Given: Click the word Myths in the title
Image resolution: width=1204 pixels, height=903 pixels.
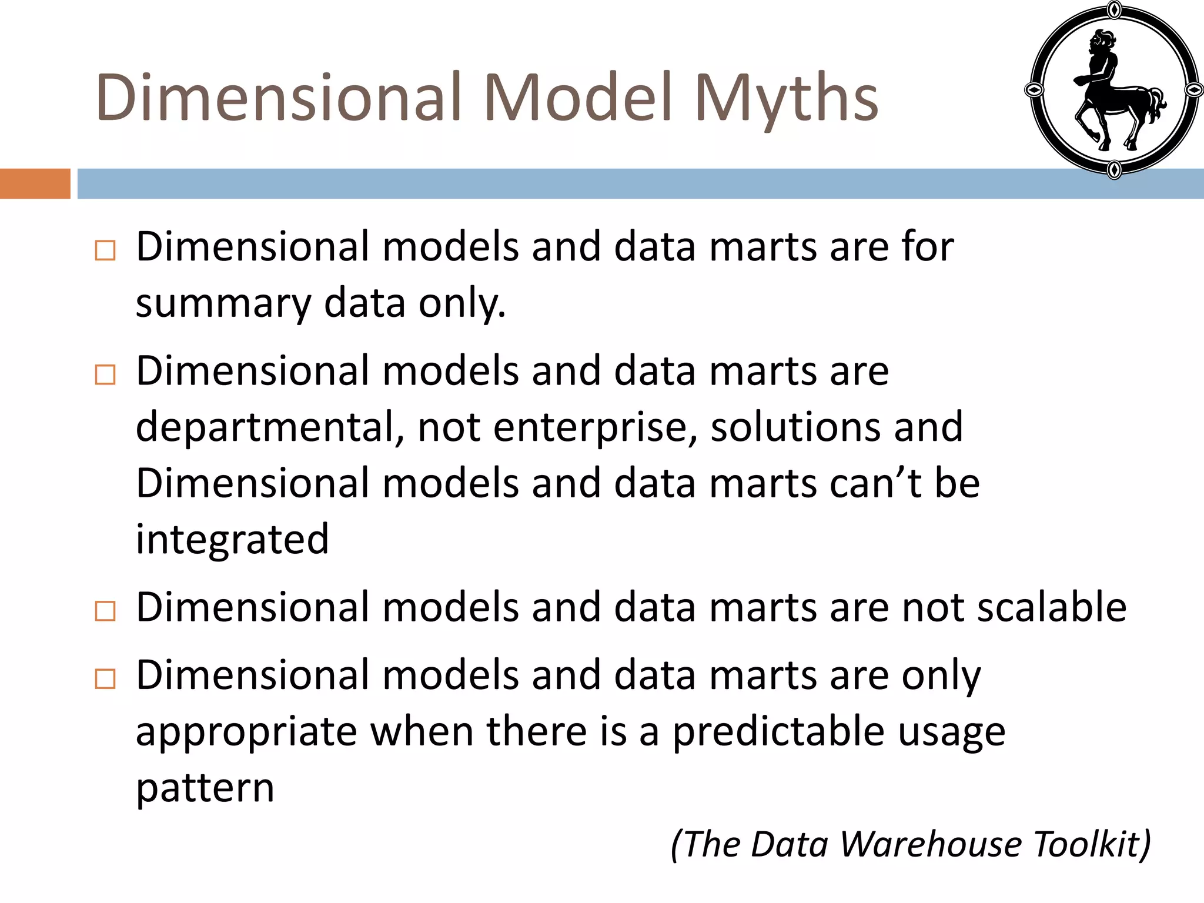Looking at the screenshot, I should pyautogui.click(x=786, y=99).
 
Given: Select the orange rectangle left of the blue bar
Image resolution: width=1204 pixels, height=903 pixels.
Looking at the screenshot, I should pyautogui.click(x=35, y=183).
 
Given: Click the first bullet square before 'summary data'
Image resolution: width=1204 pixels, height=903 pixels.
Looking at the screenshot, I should pyautogui.click(x=105, y=250).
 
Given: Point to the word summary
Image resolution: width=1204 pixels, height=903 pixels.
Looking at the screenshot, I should pyautogui.click(x=223, y=305).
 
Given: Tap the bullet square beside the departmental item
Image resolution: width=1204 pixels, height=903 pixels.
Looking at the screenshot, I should pyautogui.click(x=105, y=374).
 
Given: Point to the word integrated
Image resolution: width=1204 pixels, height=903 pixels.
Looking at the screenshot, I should pyautogui.click(x=232, y=540).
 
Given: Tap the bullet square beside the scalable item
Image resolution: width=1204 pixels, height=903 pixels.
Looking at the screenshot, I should pyautogui.click(x=105, y=611).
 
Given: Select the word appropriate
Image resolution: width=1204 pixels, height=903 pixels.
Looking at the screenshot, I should pyautogui.click(x=246, y=733).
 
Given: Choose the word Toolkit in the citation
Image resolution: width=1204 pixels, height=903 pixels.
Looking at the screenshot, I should pyautogui.click(x=1087, y=844).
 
